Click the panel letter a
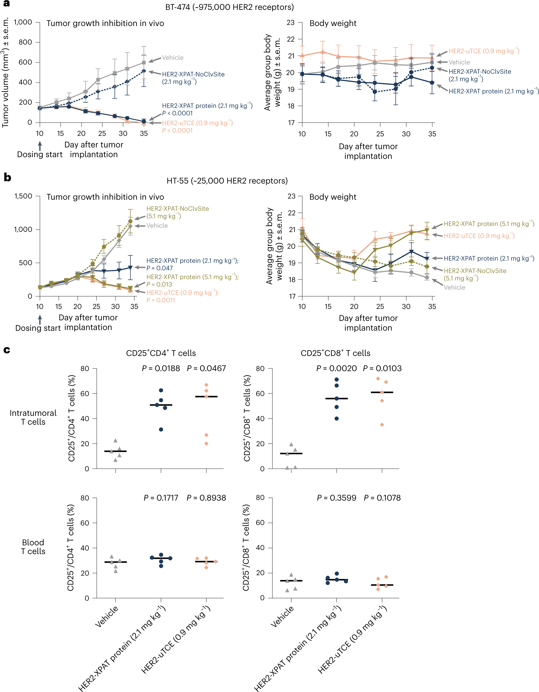click(6, 4)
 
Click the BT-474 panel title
click(229, 7)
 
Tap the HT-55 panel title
click(227, 181)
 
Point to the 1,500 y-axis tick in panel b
click(23, 196)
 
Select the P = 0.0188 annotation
click(161, 368)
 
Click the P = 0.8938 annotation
click(206, 498)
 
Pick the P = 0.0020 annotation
click(337, 368)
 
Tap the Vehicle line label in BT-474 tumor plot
click(173, 58)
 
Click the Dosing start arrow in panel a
click(40, 146)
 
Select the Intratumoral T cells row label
click(33, 417)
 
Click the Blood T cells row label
click(33, 547)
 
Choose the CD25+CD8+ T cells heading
click(335, 353)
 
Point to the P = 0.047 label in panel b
click(160, 268)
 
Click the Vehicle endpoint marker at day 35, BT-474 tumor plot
click(144, 63)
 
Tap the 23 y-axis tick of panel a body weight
click(290, 22)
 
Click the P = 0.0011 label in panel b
click(161, 300)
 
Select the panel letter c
click(6, 350)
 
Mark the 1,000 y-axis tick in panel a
click(23, 22)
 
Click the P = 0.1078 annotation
click(382, 498)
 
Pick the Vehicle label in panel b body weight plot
click(454, 287)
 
